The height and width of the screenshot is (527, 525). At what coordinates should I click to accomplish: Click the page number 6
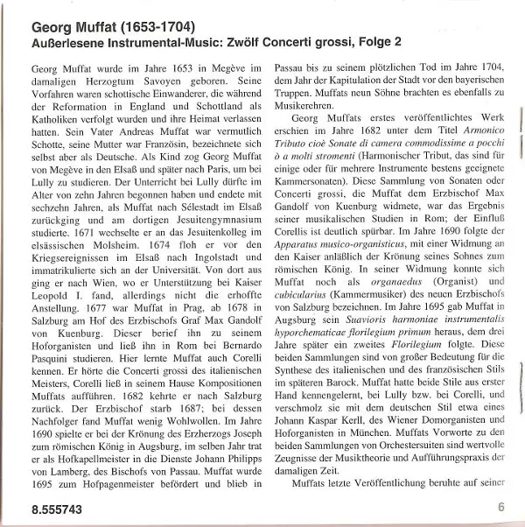500,506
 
